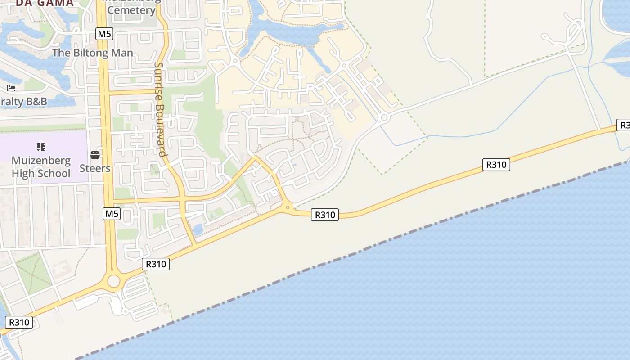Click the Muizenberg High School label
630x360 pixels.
click(x=41, y=167)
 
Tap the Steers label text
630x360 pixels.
click(x=95, y=168)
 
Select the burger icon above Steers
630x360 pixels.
click(x=94, y=155)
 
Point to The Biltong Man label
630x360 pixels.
click(x=93, y=53)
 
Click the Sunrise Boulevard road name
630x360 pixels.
click(x=160, y=109)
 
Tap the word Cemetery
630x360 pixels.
click(x=131, y=10)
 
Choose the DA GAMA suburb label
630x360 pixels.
click(x=45, y=3)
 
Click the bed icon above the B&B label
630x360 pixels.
click(x=11, y=88)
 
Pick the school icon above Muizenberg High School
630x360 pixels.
click(x=41, y=147)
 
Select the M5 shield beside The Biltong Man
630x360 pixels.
click(x=104, y=34)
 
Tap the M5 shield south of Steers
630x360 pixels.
click(x=112, y=214)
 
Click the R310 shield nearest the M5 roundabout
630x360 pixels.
click(x=156, y=264)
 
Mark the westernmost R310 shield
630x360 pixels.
click(x=19, y=322)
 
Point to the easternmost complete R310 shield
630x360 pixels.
click(x=496, y=165)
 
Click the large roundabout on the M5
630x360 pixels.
click(x=113, y=281)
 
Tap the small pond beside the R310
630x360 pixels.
click(x=198, y=230)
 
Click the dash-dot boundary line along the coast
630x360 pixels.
click(x=360, y=250)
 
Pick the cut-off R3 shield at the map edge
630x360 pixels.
click(x=625, y=125)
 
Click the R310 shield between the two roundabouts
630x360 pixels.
click(x=325, y=215)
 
